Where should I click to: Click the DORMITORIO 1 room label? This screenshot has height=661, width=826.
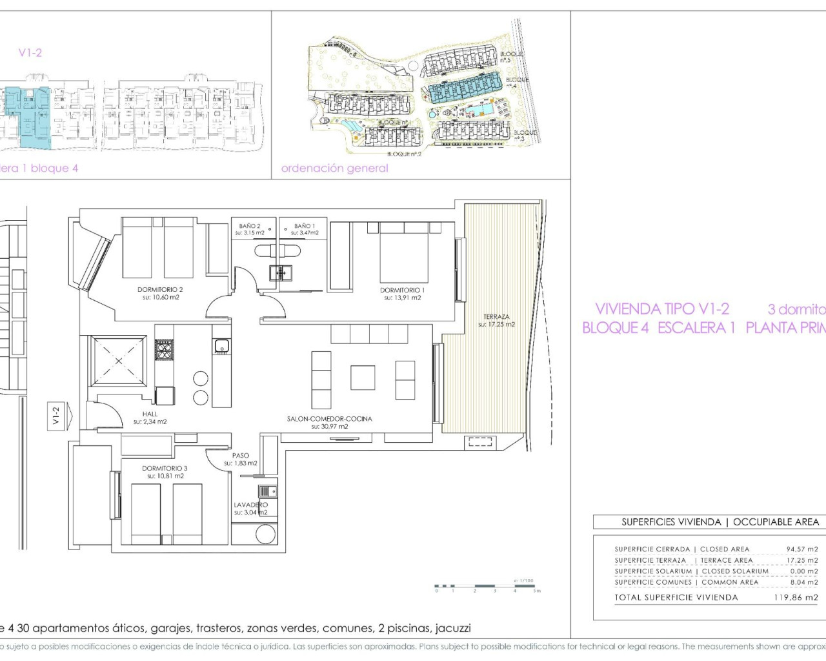coord(402,290)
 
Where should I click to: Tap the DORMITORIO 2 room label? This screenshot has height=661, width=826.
coord(160,290)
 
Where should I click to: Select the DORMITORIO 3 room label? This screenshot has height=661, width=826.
coord(165,469)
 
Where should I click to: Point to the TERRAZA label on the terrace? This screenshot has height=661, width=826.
coord(496,317)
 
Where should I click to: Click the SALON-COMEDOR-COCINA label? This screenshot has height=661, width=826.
coord(329,419)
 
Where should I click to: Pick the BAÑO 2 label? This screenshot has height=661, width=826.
coord(250,227)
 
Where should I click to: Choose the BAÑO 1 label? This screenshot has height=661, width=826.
coord(305,227)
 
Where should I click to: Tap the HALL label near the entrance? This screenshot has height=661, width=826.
coord(150,414)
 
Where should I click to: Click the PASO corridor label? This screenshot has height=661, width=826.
coord(241,456)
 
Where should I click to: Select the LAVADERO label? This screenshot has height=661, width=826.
coord(250,505)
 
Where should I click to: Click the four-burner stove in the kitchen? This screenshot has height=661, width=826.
coord(164,351)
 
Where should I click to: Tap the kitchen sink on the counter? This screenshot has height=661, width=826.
coord(221,347)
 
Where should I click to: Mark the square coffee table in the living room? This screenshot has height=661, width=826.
coord(363,378)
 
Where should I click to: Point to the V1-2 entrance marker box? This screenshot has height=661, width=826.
coord(56,415)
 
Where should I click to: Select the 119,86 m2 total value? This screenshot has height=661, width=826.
coord(795,598)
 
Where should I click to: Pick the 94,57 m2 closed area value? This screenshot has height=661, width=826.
coord(801,549)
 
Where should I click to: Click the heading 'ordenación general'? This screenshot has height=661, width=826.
coord(334,168)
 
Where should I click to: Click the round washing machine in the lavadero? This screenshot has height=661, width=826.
coord(265,534)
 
